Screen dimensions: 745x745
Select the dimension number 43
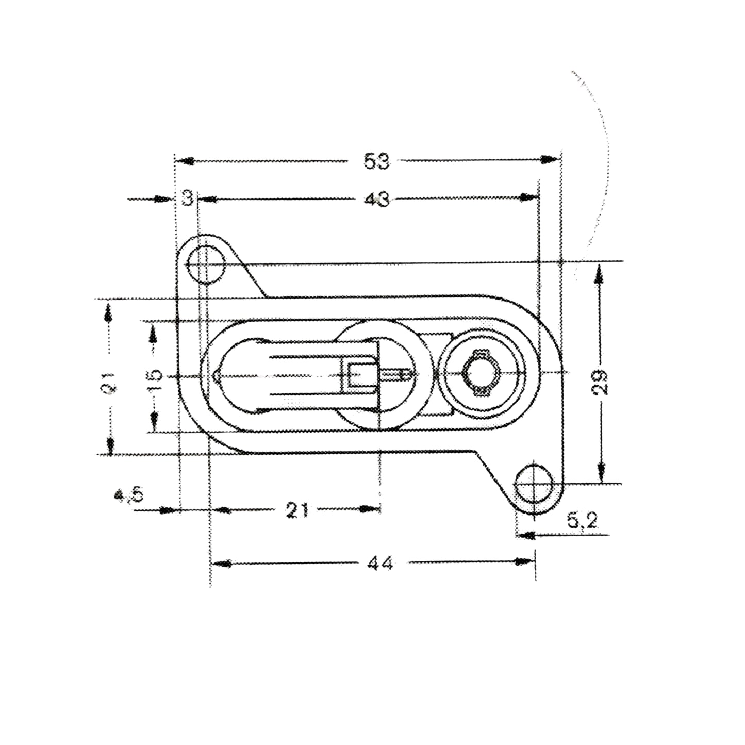click(x=376, y=199)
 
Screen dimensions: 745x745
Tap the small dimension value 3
click(x=188, y=198)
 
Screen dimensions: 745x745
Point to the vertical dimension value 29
click(x=600, y=382)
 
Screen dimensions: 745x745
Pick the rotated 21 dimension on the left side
click(x=110, y=383)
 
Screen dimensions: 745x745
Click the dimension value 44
click(x=380, y=563)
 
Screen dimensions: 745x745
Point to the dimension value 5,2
click(x=583, y=522)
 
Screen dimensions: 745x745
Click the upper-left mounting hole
click(x=206, y=265)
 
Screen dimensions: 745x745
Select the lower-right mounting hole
click(x=534, y=484)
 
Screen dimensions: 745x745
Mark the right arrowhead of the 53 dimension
click(x=551, y=160)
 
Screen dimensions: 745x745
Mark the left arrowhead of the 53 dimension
click(x=185, y=161)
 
